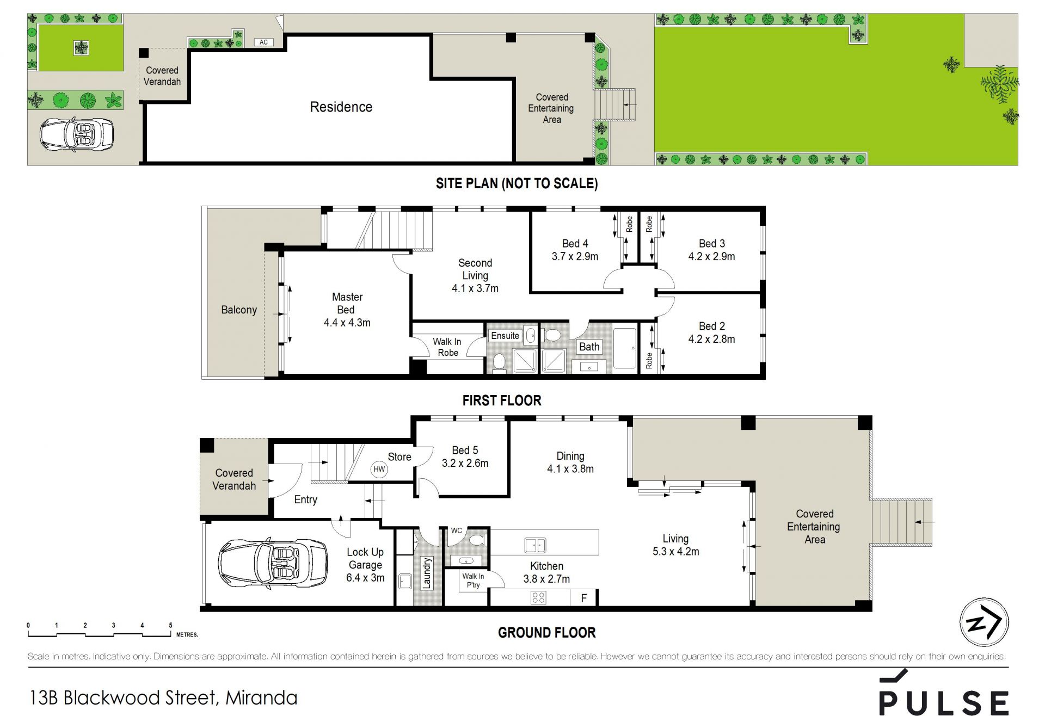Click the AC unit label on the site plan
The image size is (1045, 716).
click(264, 42)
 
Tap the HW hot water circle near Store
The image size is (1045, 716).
click(379, 469)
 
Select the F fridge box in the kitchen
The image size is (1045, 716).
click(584, 598)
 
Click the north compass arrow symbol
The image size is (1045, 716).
click(984, 622)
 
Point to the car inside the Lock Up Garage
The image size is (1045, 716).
click(273, 564)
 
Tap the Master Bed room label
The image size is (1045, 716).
click(347, 303)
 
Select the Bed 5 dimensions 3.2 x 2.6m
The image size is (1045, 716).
click(465, 464)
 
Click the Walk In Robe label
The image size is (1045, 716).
click(447, 347)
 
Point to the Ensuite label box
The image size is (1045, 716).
click(505, 336)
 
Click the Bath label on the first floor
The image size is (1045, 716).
click(589, 347)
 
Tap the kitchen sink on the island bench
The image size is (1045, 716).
click(535, 545)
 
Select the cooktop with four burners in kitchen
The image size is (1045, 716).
click(538, 598)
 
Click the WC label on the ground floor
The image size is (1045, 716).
click(457, 530)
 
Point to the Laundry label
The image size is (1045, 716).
click(427, 572)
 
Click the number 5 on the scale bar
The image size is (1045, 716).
click(171, 626)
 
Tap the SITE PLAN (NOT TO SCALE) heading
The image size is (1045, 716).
click(517, 183)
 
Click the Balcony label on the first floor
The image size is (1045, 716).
click(239, 310)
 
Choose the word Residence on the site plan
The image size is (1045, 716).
click(341, 107)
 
